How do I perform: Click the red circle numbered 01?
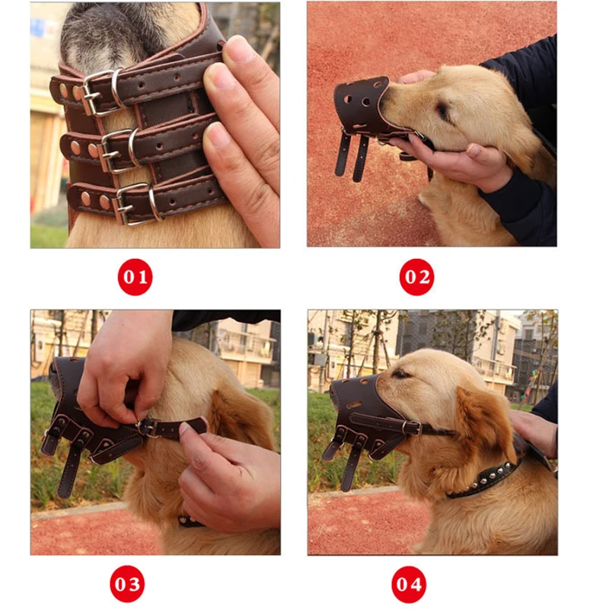pos(135,277)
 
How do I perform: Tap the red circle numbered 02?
pos(416,277)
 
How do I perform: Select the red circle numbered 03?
pos(127,584)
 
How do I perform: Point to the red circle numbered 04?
pos(409,584)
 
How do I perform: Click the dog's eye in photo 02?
pos(443,111)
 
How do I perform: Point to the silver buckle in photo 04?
pos(412,428)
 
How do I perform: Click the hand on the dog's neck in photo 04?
pos(534,431)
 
